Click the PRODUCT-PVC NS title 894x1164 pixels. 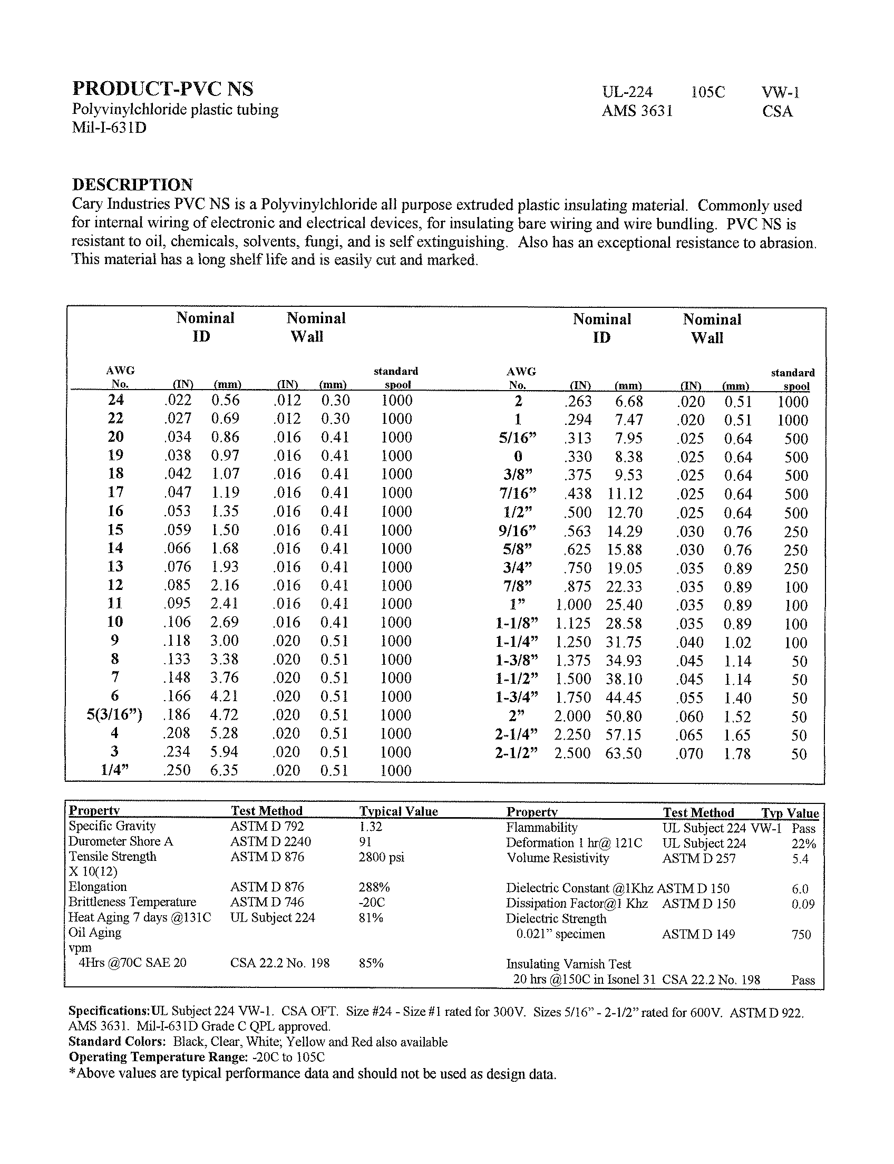pos(163,89)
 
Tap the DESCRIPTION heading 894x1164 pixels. pos(132,185)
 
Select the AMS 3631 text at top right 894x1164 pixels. pos(637,111)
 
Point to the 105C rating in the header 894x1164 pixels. pos(708,93)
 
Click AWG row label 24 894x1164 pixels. pos(115,400)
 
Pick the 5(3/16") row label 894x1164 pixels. pos(114,714)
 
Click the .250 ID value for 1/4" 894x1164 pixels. pos(177,770)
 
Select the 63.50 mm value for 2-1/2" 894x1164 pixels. pos(624,753)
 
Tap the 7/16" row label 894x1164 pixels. pos(518,493)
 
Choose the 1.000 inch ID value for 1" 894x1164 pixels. pos(573,605)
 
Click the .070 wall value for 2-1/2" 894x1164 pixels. pos(689,754)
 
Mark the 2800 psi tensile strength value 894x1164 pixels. pos(382,857)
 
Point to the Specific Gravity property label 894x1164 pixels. pos(112,826)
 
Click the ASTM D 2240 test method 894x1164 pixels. pos(270,841)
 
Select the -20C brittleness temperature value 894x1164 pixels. pos(372,902)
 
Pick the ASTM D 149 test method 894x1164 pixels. pos(698,934)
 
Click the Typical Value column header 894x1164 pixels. pos(399,811)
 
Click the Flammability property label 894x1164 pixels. pos(542,828)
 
